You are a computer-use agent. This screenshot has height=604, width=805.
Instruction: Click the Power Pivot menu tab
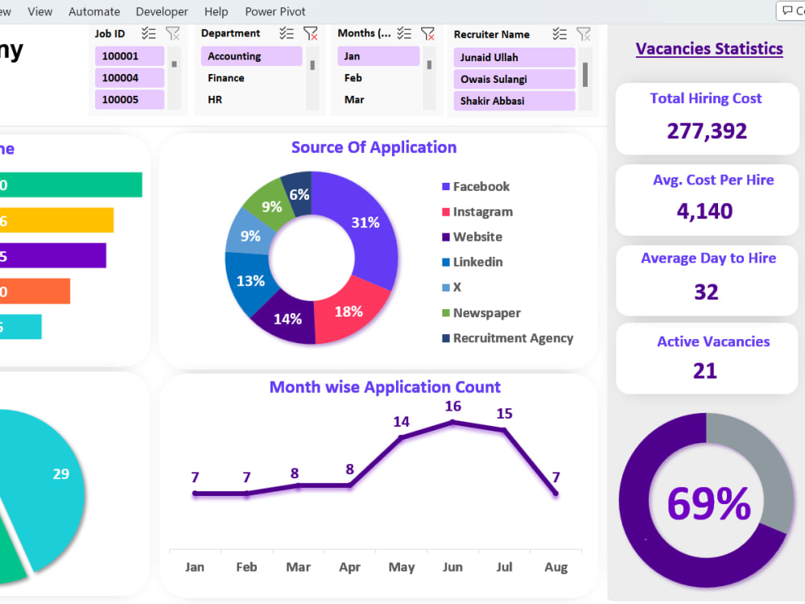(275, 11)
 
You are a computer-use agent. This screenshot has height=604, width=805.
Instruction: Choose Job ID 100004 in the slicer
(121, 78)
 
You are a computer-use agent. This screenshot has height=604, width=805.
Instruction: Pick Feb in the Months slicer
(353, 78)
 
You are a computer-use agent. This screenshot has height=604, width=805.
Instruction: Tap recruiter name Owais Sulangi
(493, 79)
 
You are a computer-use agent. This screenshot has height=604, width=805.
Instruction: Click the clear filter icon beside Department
(311, 33)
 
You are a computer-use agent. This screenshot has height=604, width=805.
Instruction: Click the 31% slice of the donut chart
(365, 223)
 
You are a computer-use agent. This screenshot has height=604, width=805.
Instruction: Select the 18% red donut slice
(348, 312)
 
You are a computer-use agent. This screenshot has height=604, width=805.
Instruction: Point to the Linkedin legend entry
(477, 262)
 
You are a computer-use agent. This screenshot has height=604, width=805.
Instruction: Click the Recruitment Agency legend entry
(513, 338)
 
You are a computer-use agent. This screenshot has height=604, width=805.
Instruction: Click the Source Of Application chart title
(374, 147)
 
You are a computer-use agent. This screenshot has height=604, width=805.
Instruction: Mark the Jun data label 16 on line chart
(453, 406)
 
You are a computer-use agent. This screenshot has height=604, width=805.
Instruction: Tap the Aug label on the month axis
(555, 567)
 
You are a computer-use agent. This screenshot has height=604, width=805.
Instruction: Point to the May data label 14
(401, 421)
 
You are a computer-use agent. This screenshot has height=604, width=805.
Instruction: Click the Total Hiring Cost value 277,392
(707, 130)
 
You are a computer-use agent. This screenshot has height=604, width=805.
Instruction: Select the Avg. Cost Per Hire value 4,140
(704, 211)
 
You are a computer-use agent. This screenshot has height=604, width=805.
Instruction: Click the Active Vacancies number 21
(705, 370)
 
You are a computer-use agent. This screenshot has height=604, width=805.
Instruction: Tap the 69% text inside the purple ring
(708, 504)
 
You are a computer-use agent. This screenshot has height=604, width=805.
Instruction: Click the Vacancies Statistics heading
(709, 48)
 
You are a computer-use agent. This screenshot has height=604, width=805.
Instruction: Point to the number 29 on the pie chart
(61, 474)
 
